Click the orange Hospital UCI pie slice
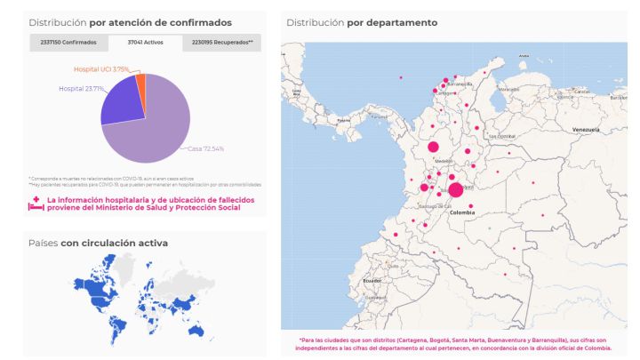tap(140, 81)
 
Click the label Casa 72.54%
tap(206, 149)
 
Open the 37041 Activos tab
tap(146, 43)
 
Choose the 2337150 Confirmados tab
tap(68, 43)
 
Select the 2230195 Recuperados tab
tap(222, 43)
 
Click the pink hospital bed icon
tap(36, 204)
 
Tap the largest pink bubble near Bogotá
tap(456, 189)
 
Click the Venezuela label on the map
tap(587, 131)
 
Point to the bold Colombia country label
tap(461, 213)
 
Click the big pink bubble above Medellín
tap(434, 147)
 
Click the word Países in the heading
tap(43, 243)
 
